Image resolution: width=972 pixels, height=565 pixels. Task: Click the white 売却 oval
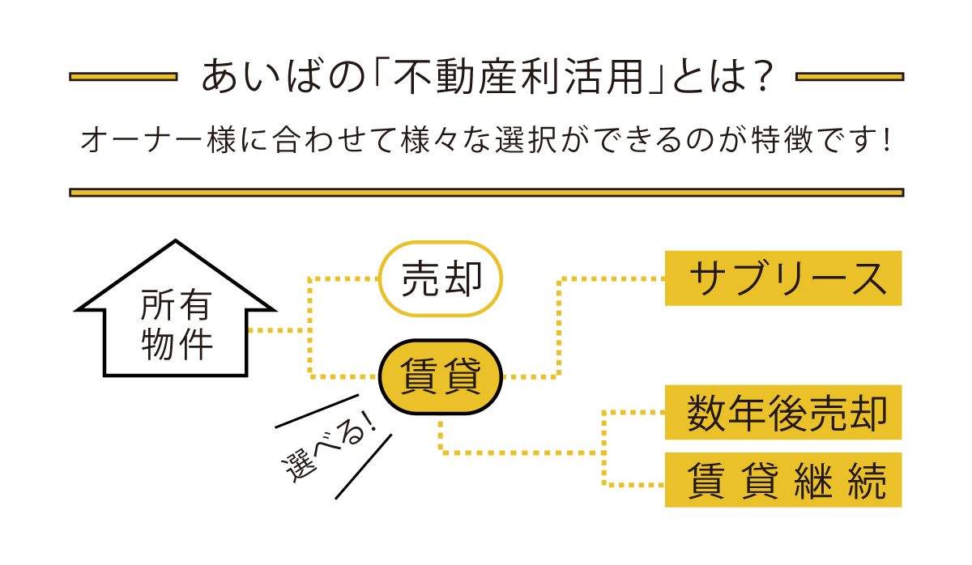coord(441,278)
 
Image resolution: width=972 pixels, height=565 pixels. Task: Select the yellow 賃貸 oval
coord(441,376)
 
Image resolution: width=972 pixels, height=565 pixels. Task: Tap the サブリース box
coord(782,278)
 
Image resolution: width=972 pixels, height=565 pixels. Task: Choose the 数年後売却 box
coord(782,413)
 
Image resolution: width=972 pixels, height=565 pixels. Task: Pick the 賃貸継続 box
coord(782,480)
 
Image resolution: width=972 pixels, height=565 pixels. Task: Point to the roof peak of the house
coord(176,243)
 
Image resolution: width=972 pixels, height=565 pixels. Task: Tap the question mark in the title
coord(757,78)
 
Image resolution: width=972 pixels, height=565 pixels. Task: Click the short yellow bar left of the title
coord(123,77)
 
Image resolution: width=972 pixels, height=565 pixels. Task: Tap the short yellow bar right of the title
coord(850,77)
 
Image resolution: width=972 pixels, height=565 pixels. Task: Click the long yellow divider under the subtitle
coord(486,193)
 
